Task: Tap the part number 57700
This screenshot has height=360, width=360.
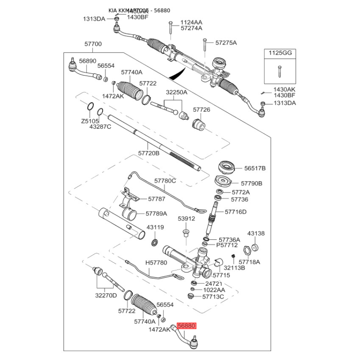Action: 93,45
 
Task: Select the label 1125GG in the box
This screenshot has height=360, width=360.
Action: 280,53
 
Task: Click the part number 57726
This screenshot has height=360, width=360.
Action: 202,109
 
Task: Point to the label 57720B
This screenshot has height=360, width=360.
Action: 149,153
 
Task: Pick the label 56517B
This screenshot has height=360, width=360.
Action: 255,168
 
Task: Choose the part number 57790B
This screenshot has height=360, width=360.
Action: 252,184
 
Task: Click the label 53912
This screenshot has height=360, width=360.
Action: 186,219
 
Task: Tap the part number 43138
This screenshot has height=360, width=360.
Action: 256,234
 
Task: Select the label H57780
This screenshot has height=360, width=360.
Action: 156,262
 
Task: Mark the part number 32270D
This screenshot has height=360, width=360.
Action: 106,295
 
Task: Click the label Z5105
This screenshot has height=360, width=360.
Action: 90,121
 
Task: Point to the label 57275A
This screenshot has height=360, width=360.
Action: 226,43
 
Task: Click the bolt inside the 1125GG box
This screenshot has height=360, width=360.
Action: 280,71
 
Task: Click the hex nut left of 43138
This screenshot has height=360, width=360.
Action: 247,250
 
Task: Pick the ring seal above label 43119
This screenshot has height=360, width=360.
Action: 154,243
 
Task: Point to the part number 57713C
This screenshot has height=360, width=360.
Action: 213,297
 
